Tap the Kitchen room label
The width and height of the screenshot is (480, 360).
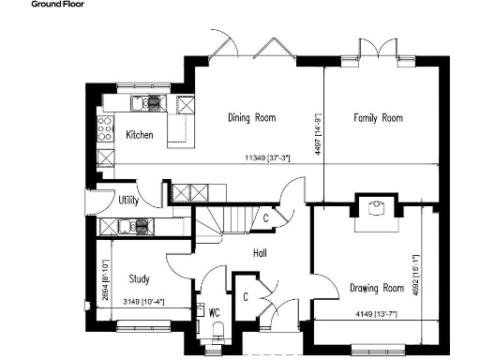point(140,135)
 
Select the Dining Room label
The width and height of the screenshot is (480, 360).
point(252,118)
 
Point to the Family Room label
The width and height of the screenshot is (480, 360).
point(378,118)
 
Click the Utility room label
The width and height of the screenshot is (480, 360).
point(129,200)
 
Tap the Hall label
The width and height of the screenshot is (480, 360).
point(263,252)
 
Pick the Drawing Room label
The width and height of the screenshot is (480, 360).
point(376,287)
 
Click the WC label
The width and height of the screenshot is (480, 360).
point(214,311)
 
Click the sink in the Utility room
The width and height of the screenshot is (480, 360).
point(141,225)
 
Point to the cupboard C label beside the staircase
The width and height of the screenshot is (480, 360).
point(266,218)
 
